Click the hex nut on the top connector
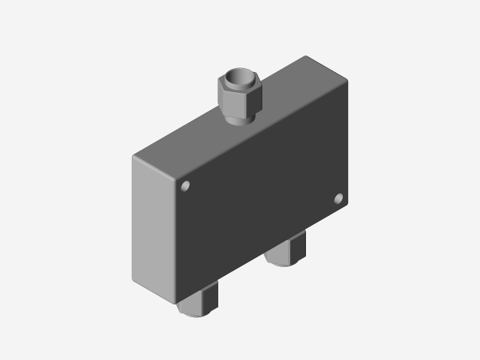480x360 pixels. (x=238, y=94)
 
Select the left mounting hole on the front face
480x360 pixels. (x=187, y=185)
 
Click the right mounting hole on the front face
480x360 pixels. (x=339, y=199)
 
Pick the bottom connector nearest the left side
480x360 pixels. (x=199, y=300)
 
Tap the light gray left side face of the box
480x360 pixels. (x=154, y=225)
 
